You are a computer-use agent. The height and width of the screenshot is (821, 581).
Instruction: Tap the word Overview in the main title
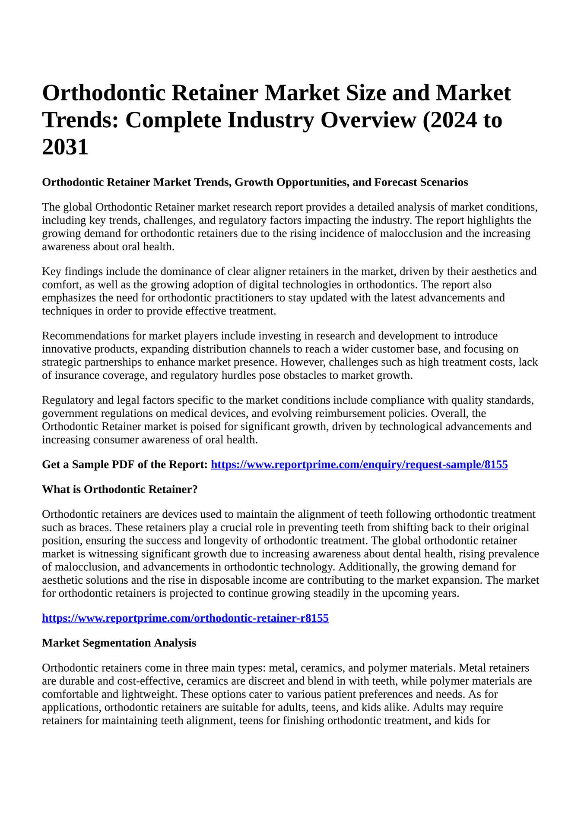tap(368, 120)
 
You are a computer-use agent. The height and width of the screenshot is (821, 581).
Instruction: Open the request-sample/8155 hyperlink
tap(359, 465)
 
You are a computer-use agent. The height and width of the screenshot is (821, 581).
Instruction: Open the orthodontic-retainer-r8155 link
tap(185, 618)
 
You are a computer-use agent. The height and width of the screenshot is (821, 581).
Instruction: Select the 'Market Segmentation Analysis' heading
tap(119, 643)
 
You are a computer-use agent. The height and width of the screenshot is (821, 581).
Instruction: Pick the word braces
tap(93, 527)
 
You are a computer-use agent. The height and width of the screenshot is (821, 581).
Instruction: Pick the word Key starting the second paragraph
tap(51, 271)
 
